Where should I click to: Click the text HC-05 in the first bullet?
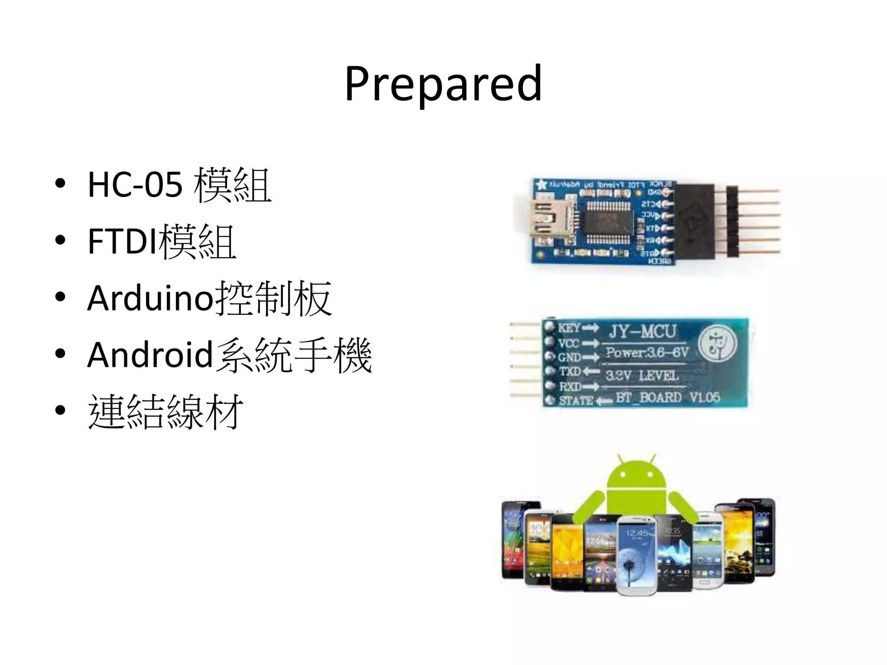point(135,185)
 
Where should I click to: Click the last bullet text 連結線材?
point(165,412)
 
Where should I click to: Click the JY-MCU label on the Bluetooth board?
point(642,332)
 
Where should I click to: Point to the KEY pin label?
point(569,327)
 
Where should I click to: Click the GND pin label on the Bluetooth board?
point(569,357)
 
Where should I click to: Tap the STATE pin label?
point(576,400)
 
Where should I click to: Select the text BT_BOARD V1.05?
point(667,397)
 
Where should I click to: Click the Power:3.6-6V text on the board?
point(647,352)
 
